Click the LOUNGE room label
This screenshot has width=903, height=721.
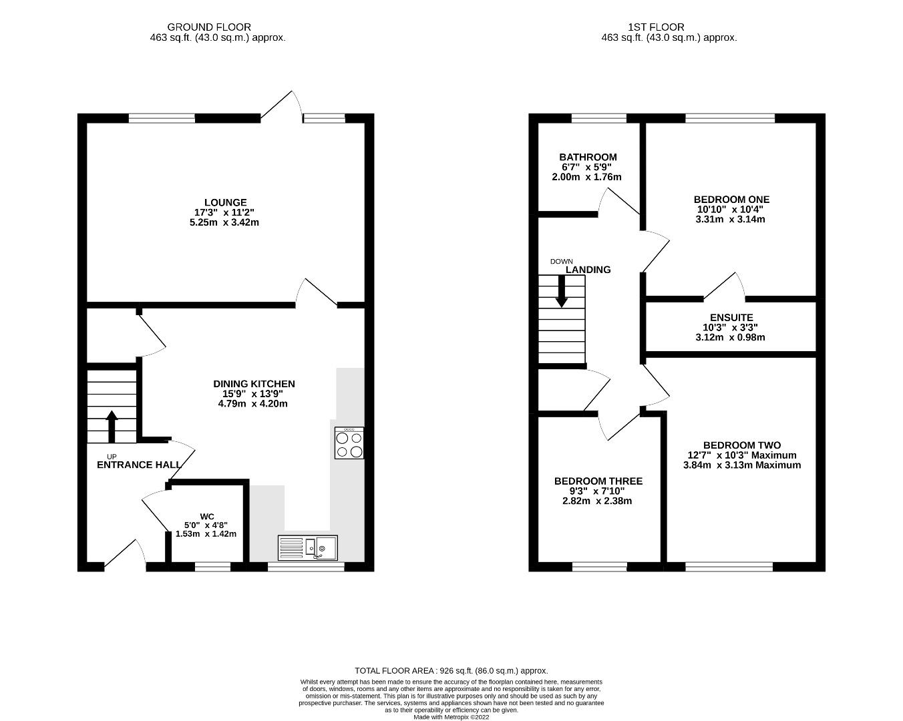(x=225, y=202)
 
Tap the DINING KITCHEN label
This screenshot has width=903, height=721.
(x=254, y=384)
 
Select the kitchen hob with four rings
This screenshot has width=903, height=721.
(x=349, y=443)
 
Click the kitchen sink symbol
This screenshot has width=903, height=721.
(x=308, y=548)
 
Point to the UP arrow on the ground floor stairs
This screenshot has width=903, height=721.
(x=112, y=427)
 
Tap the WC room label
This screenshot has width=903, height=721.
(x=207, y=517)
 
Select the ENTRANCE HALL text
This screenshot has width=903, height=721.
(x=139, y=465)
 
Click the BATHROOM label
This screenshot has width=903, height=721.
(x=588, y=158)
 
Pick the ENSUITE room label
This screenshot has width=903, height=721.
(x=731, y=318)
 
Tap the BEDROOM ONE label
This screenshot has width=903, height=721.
(x=731, y=199)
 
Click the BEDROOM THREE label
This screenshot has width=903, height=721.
(x=598, y=481)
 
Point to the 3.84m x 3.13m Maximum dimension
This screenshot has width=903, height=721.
(x=742, y=465)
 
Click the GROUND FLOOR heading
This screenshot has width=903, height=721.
(x=209, y=27)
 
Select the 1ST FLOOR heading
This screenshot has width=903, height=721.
(x=656, y=27)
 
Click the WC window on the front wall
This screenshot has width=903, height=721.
(x=213, y=567)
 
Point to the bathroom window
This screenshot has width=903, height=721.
(x=599, y=118)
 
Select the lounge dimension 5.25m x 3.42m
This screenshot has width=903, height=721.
(x=224, y=222)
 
